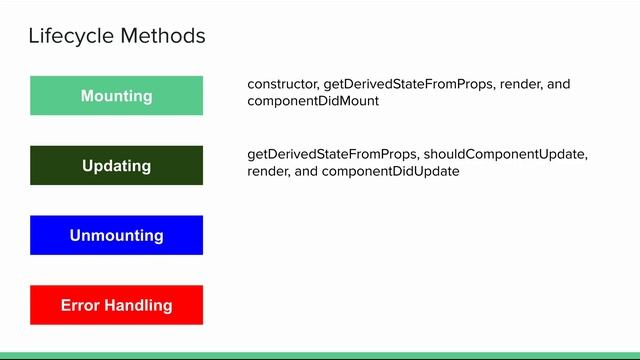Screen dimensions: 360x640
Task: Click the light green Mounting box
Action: click(116, 96)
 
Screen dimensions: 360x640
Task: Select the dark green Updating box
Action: click(116, 166)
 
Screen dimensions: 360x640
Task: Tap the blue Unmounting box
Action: click(116, 236)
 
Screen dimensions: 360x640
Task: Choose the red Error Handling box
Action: click(116, 305)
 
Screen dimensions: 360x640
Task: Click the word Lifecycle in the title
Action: click(71, 37)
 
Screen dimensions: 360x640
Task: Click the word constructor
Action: click(282, 84)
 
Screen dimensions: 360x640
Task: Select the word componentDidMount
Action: click(313, 102)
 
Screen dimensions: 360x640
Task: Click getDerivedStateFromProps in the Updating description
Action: click(334, 154)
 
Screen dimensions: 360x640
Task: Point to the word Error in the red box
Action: click(81, 305)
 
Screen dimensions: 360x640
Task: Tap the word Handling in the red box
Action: click(138, 305)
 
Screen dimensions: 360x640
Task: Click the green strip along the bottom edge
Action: click(320, 355)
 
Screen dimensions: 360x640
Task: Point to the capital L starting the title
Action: click(34, 37)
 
